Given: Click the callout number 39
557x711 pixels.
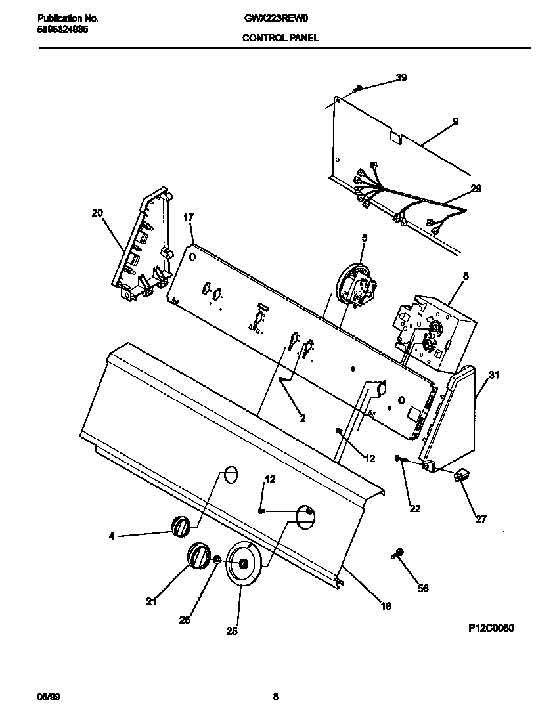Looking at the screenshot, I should coord(401,77).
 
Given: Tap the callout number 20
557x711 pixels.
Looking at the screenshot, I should coord(97,213).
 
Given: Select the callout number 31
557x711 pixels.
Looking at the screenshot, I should coord(494,376).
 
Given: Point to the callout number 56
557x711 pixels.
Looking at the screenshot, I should coord(422,588).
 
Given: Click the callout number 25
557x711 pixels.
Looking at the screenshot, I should coord(232,631).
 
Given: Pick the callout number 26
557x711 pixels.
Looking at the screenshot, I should coord(185,620).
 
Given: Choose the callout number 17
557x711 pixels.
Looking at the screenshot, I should coord(189,217).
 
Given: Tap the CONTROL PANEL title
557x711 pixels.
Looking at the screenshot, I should coord(280,38).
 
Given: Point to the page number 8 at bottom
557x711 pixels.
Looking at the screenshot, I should coord(276,696).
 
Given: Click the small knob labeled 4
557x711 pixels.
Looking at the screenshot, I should coord(181,526).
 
